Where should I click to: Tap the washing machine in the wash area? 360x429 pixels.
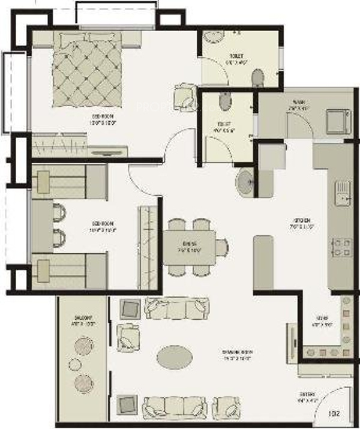coord(338,121)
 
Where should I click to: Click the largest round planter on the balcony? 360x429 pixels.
coord(83,347)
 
